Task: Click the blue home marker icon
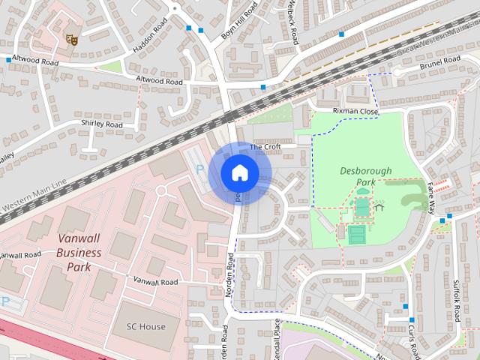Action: point(239,172)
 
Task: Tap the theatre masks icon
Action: point(73,38)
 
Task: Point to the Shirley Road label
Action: point(101,124)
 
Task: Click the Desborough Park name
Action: point(365,176)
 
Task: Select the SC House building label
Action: point(145,327)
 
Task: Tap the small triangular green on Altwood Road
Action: point(110,67)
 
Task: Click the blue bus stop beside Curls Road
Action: point(404,307)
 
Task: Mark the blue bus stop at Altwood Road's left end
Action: point(8,59)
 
